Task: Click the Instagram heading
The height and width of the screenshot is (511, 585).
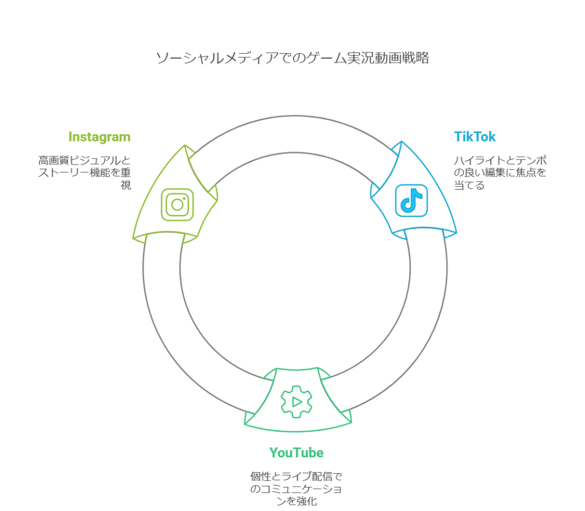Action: (99, 137)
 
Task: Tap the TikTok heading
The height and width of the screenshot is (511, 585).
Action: (475, 137)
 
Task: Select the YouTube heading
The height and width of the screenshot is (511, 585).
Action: (296, 453)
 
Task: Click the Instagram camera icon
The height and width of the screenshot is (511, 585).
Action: (177, 204)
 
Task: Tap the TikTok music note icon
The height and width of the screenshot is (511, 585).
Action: (411, 200)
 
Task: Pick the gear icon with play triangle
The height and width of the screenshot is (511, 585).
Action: (296, 401)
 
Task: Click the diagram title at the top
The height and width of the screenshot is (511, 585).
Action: (292, 58)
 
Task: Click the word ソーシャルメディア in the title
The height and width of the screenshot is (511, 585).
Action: (207, 58)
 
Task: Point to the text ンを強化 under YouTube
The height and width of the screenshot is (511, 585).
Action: (296, 501)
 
